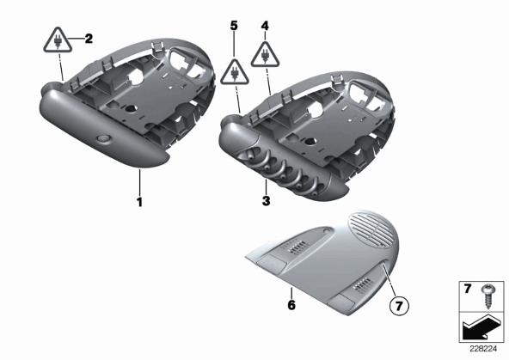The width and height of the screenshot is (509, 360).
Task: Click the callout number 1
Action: (x=139, y=202)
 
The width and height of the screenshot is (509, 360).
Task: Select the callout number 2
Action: (x=89, y=39)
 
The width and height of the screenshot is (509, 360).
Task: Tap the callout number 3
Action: (x=266, y=201)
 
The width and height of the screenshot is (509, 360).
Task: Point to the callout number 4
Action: (x=265, y=26)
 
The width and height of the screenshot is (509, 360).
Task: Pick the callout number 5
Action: (x=234, y=26)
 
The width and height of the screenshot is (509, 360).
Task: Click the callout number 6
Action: (x=291, y=305)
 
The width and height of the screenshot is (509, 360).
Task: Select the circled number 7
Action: (x=399, y=306)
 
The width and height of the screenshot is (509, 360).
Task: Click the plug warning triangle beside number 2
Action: (x=58, y=41)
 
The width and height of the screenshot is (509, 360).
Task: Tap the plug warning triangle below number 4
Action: (x=265, y=56)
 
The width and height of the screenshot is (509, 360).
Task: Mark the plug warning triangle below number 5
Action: (x=235, y=74)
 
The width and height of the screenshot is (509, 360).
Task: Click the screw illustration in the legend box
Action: (x=488, y=296)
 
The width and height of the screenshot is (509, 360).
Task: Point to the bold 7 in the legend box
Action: (x=468, y=289)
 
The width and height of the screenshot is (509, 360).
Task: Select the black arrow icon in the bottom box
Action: (x=481, y=327)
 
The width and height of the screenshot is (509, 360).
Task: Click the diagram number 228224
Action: (x=483, y=349)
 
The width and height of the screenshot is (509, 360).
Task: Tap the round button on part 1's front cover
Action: (x=103, y=139)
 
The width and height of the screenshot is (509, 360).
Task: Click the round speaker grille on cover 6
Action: (x=373, y=231)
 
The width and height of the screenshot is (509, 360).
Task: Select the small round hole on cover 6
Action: (x=326, y=231)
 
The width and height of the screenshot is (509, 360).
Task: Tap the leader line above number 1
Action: (x=140, y=182)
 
